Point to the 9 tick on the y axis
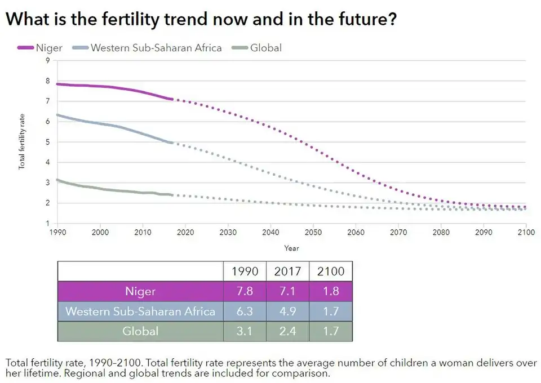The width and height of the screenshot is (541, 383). tap(48, 60)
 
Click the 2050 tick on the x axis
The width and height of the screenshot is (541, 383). tap(313, 231)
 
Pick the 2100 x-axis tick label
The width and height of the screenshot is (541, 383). tap(525, 231)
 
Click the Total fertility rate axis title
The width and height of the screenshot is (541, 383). tap(22, 141)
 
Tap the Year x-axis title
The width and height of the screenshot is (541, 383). tap(291, 247)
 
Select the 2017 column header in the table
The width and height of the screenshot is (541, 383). tap(287, 271)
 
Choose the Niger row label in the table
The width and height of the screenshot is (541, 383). tap(140, 292)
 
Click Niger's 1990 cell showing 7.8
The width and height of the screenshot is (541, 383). tap(245, 292)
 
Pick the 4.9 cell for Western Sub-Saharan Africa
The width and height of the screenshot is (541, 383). tap(287, 311)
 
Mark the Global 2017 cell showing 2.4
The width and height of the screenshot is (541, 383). tap(287, 331)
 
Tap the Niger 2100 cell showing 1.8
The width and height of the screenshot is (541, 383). tap(331, 292)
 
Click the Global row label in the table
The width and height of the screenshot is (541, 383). tap(140, 331)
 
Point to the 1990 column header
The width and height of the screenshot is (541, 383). tap(245, 271)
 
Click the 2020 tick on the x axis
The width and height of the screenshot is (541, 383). tap(185, 231)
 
